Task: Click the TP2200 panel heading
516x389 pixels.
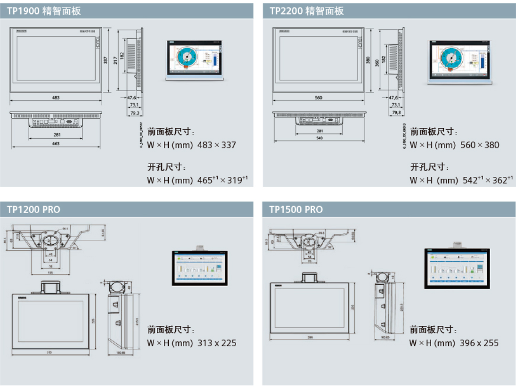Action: coord(307,11)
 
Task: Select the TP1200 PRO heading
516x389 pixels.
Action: coord(33,209)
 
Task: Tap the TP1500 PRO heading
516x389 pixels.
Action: coord(296,209)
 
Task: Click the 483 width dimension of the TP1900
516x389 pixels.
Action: coord(56,98)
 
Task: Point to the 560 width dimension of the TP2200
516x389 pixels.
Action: coord(318,98)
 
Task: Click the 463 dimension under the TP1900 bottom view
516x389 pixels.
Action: coord(56,144)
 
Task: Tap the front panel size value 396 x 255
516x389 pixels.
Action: coord(479,343)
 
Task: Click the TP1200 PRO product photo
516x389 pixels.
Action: coord(199,267)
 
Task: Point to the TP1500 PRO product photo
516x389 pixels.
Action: coord(457,267)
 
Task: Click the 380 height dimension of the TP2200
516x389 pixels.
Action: coord(368,60)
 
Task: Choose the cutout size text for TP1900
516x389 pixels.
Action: coord(198,180)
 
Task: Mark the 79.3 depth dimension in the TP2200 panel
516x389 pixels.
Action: coord(396,113)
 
